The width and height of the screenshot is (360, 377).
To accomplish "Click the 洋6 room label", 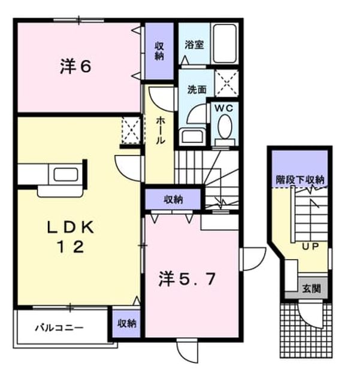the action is click(x=75, y=66).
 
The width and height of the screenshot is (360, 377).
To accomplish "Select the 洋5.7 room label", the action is click(x=187, y=279).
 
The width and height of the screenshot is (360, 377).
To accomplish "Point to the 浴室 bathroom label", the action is click(x=194, y=45).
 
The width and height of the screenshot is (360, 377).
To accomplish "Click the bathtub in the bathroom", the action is click(x=225, y=44).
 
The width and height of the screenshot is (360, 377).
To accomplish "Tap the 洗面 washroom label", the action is click(x=197, y=89).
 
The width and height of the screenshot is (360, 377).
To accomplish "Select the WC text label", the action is click(x=224, y=108).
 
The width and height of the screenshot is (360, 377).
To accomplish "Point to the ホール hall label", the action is click(x=160, y=130).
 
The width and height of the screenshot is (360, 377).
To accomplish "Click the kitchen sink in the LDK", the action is click(x=66, y=174).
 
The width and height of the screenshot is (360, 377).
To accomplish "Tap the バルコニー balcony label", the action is click(x=59, y=327).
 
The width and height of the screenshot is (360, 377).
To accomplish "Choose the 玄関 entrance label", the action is click(x=311, y=288).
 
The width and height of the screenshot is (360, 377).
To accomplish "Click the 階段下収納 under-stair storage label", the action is click(x=300, y=180).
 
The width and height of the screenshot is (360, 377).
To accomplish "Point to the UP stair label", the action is click(x=310, y=247).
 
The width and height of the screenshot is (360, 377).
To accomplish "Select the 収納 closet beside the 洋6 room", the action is click(x=159, y=51).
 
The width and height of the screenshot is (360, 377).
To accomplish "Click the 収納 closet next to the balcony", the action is click(x=126, y=323).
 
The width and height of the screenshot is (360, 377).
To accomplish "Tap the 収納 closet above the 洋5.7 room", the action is click(x=173, y=199).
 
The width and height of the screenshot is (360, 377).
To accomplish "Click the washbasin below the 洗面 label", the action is click(x=192, y=136).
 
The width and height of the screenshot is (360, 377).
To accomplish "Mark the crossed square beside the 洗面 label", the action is click(x=226, y=83).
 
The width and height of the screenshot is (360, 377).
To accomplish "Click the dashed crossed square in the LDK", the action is click(x=131, y=130).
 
